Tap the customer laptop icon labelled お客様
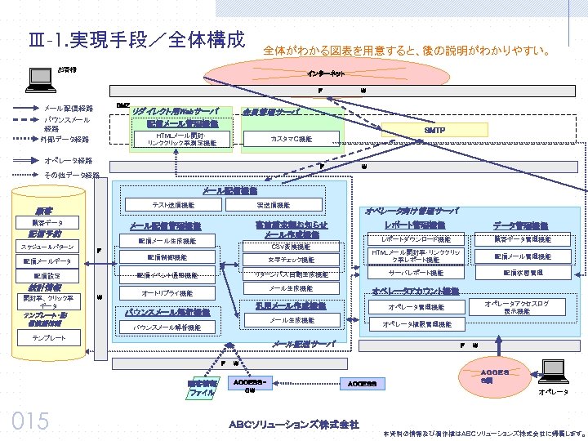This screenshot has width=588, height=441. pyautogui.click(x=38, y=78)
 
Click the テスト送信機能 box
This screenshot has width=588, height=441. pyautogui.click(x=173, y=205)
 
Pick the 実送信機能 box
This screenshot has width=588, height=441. pyautogui.click(x=273, y=205)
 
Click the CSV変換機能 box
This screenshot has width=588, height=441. pyautogui.click(x=291, y=247)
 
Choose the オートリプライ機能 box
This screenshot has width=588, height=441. pyautogui.click(x=167, y=292)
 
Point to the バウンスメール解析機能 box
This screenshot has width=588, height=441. pyautogui.click(x=167, y=327)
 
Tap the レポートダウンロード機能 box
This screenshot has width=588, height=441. pyautogui.click(x=416, y=239)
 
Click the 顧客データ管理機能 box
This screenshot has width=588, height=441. pyautogui.click(x=523, y=239)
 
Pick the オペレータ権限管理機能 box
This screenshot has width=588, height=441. pyautogui.click(x=416, y=324)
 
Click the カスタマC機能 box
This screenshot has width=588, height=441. pyautogui.click(x=291, y=140)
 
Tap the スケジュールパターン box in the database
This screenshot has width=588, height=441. pyautogui.click(x=47, y=247)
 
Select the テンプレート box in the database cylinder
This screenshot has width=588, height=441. pyautogui.click(x=49, y=337)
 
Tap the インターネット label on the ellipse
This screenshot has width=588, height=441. pyautogui.click(x=325, y=73)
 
